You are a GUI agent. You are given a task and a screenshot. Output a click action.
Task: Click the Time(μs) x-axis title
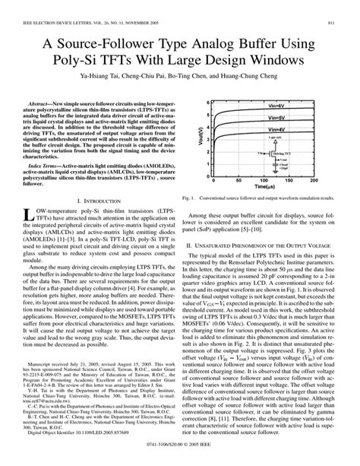pyautogui.click(x=265, y=206)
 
